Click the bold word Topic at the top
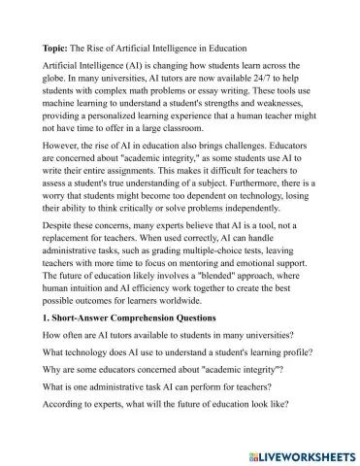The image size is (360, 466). click(58, 46)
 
